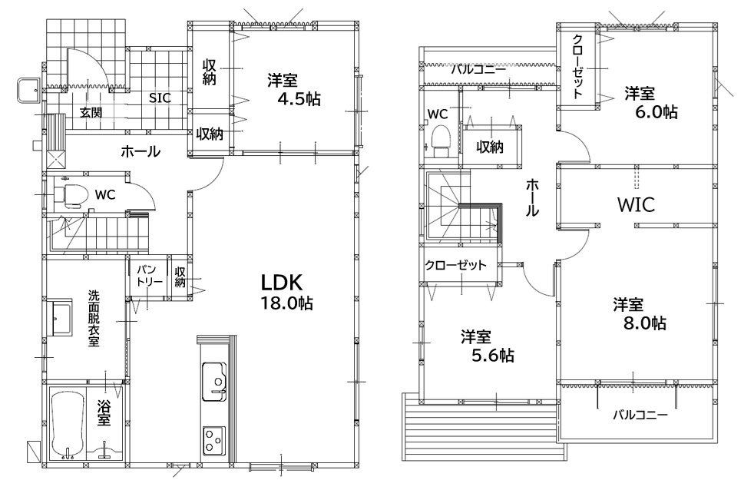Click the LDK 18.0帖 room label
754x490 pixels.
pyautogui.click(x=286, y=292)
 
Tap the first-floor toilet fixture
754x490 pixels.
pyautogui.click(x=71, y=196)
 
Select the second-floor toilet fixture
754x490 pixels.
pyautogui.click(x=441, y=141)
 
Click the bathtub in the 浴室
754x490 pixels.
pyautogui.click(x=67, y=425)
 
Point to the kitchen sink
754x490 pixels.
pyautogui.click(x=214, y=382)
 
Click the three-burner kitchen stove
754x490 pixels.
pyautogui.click(x=214, y=440)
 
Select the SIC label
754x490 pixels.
pyautogui.click(x=160, y=98)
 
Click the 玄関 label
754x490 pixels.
pyautogui.click(x=91, y=113)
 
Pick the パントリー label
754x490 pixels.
pyautogui.click(x=150, y=276)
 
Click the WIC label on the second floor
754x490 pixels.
pyautogui.click(x=636, y=204)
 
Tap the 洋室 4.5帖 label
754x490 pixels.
pyautogui.click(x=294, y=89)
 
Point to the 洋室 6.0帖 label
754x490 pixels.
pyautogui.click(x=650, y=102)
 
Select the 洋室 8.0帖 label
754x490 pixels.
pyautogui.click(x=640, y=313)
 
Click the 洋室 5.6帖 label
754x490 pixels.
pyautogui.click(x=488, y=346)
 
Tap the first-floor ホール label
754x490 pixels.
pyautogui.click(x=141, y=151)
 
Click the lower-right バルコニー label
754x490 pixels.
pyautogui.click(x=640, y=415)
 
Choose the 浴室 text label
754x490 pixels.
pyautogui.click(x=104, y=412)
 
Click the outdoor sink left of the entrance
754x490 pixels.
pyautogui.click(x=28, y=90)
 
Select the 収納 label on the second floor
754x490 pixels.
pyautogui.click(x=490, y=147)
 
